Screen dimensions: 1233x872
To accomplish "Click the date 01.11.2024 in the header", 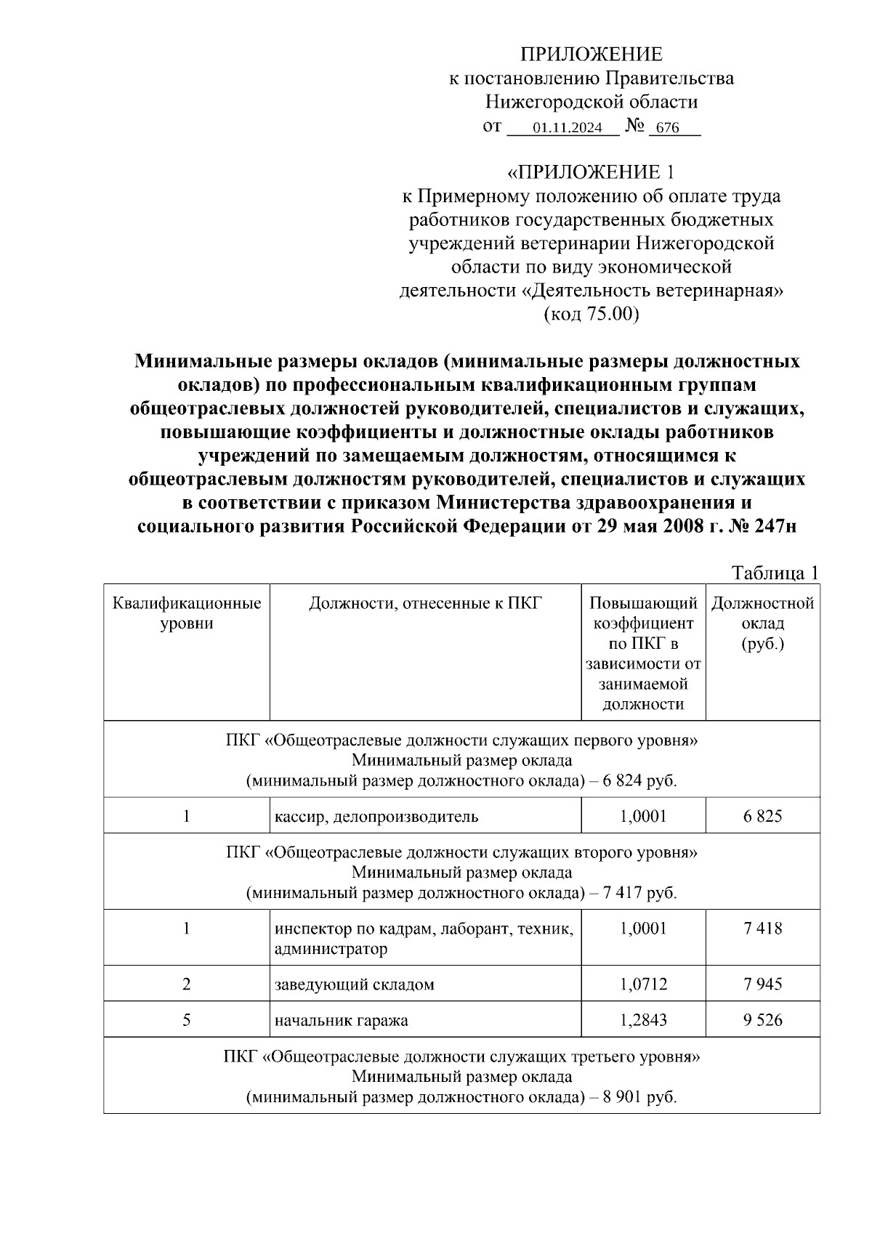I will point(567,129).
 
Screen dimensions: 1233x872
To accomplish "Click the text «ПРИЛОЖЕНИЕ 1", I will point(591,172).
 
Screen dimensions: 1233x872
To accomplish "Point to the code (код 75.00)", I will point(591,315).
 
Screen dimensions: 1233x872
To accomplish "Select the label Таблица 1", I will point(775,573).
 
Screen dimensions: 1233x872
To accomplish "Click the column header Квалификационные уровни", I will point(187,614).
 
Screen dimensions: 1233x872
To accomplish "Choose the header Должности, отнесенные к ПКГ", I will point(425,604).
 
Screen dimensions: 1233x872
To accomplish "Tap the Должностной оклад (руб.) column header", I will point(762,623).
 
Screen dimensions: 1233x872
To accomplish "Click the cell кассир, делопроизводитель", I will point(376,816).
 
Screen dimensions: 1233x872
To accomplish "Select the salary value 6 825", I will point(762,816).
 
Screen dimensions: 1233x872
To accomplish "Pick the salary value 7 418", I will point(762,929).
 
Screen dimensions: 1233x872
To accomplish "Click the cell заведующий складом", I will point(355,985).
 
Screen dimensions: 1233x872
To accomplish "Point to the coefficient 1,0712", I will point(643,985).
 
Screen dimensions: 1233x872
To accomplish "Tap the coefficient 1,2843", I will point(643,1020).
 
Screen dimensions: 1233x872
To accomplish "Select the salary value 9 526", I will point(762,1020).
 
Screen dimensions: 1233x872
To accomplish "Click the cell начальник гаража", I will point(342,1021).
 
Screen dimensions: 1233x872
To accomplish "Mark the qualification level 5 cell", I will point(187,1020).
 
